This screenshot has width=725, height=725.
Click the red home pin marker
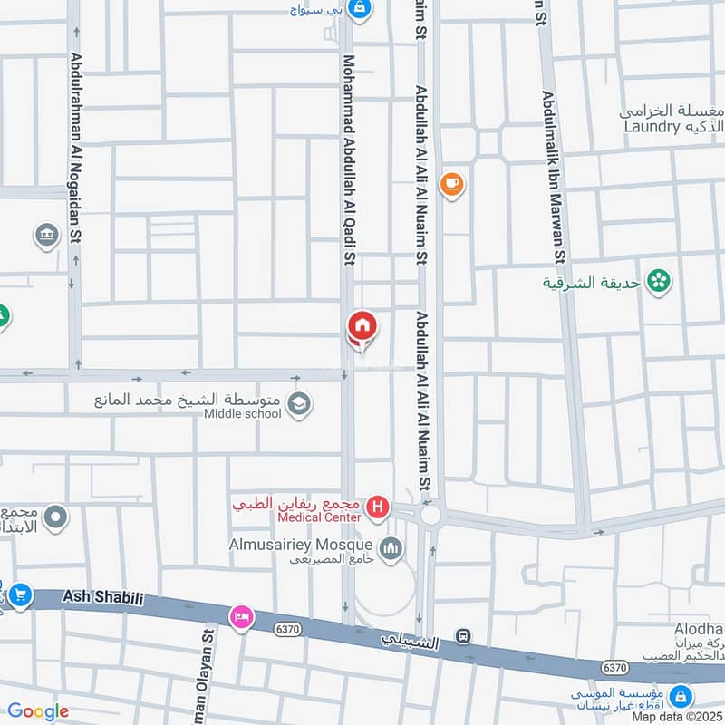click(x=362, y=325)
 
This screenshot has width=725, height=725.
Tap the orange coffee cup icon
click(x=450, y=185)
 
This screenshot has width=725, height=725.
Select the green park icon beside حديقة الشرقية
click(x=659, y=281)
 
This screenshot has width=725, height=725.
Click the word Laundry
click(x=652, y=127)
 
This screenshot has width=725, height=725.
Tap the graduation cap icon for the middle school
click(x=299, y=404)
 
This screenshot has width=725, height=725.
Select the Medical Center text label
click(x=320, y=517)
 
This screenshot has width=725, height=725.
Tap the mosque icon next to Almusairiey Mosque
click(x=391, y=549)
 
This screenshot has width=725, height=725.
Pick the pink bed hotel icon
click(x=240, y=616)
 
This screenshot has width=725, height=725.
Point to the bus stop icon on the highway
click(x=464, y=636)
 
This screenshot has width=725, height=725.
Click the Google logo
click(x=37, y=711)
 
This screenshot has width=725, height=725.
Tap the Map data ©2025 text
click(x=676, y=716)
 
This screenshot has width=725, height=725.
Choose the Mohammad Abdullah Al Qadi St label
click(x=348, y=161)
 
